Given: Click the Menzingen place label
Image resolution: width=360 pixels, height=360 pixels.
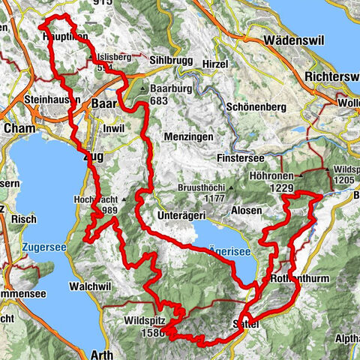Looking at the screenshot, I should [x=187, y=137].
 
